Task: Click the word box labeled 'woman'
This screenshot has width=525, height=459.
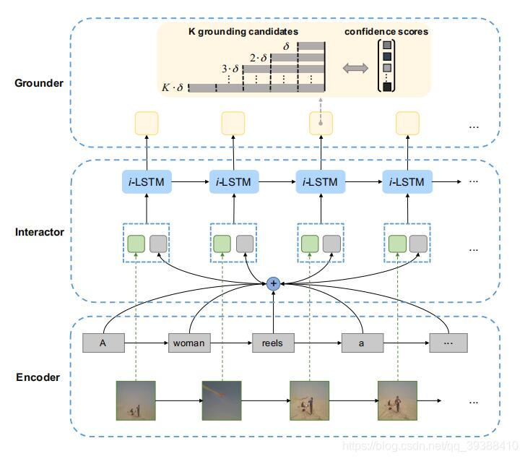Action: click(189, 343)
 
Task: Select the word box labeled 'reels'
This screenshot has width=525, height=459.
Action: click(273, 343)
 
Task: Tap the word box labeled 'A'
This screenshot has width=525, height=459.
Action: click(103, 343)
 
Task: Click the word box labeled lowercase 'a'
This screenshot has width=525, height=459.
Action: click(361, 343)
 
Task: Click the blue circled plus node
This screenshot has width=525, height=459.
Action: click(273, 284)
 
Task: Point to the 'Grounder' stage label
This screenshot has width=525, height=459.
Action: click(38, 83)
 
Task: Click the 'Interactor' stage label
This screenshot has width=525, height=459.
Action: click(38, 233)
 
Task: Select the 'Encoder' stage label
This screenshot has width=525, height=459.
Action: click(38, 377)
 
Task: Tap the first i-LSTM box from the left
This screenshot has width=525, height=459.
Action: click(147, 182)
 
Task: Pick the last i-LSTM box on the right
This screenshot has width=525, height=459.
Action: click(407, 182)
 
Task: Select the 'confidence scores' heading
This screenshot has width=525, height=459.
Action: click(386, 32)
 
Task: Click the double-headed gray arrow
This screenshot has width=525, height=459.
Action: click(355, 68)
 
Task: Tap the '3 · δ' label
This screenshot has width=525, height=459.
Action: click(229, 69)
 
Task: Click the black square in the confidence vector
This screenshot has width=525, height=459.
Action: click(388, 87)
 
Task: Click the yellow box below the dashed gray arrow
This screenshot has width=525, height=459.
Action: click(321, 124)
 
